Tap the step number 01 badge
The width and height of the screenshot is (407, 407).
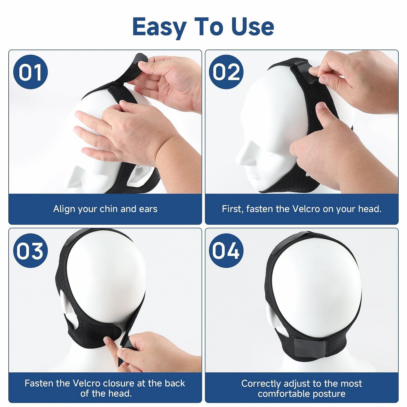[31, 72]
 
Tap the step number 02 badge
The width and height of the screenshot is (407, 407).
[226, 72]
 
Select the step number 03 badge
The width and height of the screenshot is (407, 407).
[31, 251]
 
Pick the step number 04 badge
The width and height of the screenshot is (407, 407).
[226, 251]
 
